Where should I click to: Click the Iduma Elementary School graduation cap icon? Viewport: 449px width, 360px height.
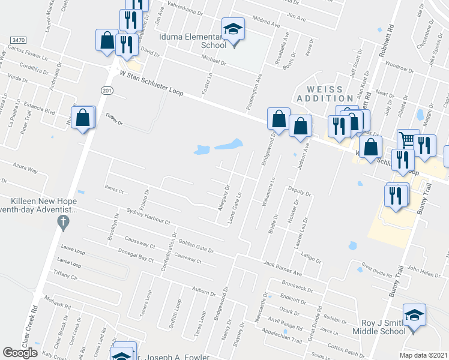click(232, 28)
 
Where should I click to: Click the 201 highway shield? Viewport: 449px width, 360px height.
click(106, 90)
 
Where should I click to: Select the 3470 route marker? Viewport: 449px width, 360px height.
click(17, 40)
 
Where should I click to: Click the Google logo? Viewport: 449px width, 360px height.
click(20, 353)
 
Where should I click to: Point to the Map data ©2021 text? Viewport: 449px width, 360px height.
click(424, 355)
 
